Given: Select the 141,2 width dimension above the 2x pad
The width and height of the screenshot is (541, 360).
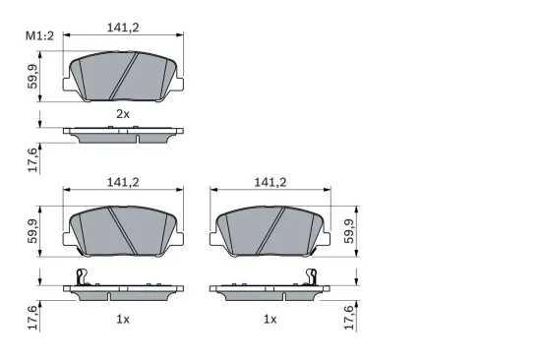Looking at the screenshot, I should (122, 28).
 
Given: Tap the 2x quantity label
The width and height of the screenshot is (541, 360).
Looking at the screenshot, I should (122, 114).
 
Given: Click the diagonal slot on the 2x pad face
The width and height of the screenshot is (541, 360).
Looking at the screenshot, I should (123, 76).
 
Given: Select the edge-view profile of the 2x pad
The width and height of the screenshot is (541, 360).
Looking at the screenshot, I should (122, 133).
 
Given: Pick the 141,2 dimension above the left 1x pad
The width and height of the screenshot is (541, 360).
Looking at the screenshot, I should (122, 181).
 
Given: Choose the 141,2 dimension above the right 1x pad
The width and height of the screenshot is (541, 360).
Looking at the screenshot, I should (270, 181).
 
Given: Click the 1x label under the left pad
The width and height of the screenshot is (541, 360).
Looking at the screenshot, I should (122, 319).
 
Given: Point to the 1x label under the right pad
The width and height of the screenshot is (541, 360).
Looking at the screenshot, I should (270, 319).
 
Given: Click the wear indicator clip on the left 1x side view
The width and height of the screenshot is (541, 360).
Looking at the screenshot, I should (81, 278).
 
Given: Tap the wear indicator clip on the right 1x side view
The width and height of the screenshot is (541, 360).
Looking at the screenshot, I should (312, 278).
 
